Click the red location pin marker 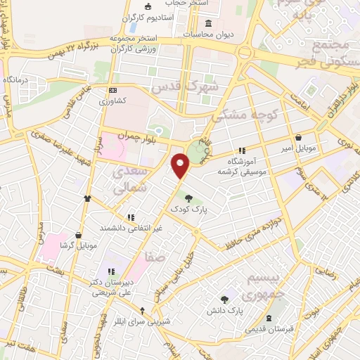point(181,165)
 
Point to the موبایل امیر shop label point(302,149)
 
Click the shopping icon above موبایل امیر point(301,137)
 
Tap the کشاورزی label point(113,101)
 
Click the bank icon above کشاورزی point(113,90)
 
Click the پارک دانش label point(225,310)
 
